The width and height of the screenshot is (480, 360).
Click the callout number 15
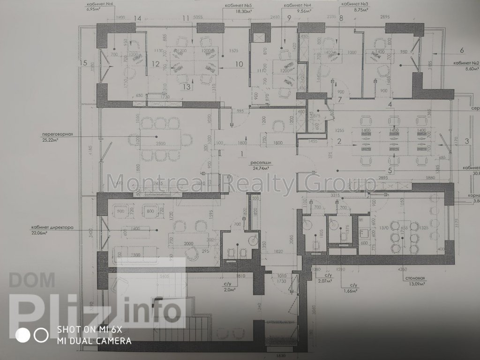pos(84,62)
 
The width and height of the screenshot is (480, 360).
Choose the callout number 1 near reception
pos(242,153)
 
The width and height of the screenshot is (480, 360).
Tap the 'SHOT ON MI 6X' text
pos(97,329)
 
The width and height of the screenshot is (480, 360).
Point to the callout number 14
pos(137,18)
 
